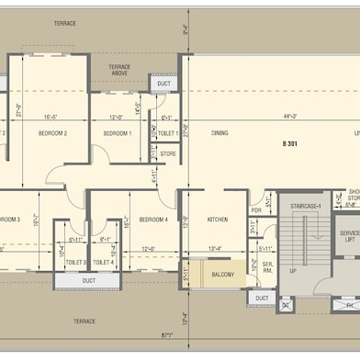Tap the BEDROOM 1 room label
click(117, 134)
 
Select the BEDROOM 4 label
click(153, 220)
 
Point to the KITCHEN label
click(218, 220)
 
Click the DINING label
click(219, 134)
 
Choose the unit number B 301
click(290, 145)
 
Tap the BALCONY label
click(222, 274)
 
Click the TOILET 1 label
click(167, 134)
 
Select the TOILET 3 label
click(76, 263)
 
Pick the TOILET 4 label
click(104, 263)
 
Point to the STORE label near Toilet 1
click(168, 154)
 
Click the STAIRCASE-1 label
click(306, 207)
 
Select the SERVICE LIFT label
click(350, 236)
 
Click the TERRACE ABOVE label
click(119, 71)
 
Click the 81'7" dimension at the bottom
click(168, 337)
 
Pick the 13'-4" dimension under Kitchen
click(216, 249)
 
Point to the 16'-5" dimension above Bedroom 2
click(51, 118)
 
